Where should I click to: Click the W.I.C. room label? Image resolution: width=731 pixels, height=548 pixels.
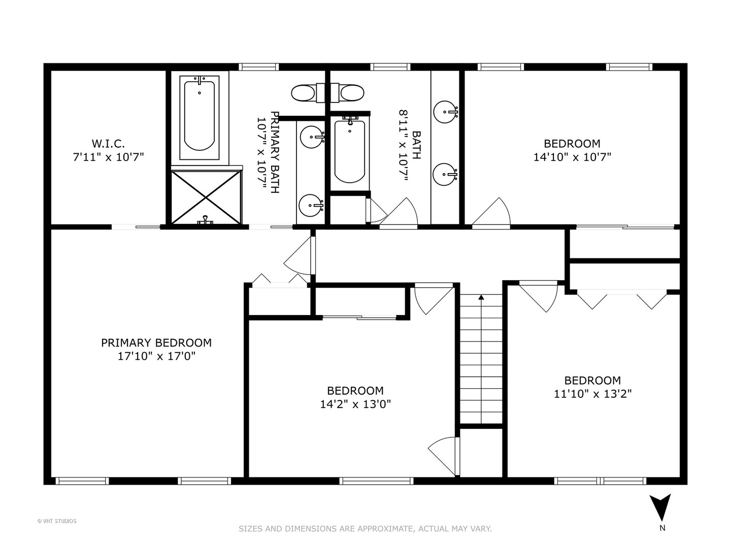109,144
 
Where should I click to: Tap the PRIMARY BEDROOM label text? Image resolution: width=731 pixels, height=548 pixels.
156,343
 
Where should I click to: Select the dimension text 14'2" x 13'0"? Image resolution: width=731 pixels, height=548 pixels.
355,404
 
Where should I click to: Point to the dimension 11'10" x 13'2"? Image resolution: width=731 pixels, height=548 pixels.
592,394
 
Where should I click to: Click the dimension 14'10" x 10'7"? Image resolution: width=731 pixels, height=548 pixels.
572,157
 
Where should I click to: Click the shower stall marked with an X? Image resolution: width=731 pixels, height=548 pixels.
205,197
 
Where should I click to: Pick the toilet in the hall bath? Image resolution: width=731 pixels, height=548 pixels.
351,93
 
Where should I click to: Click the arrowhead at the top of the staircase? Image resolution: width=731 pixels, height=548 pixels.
481,297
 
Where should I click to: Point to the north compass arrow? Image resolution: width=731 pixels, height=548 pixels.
661,507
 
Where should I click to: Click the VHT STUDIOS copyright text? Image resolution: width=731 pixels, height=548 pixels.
57,521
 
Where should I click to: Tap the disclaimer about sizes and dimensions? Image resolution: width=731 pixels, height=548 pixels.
365,529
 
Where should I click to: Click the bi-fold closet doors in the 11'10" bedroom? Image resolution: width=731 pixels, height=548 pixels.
622,299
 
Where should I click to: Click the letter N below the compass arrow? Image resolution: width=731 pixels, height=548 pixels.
662,528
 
